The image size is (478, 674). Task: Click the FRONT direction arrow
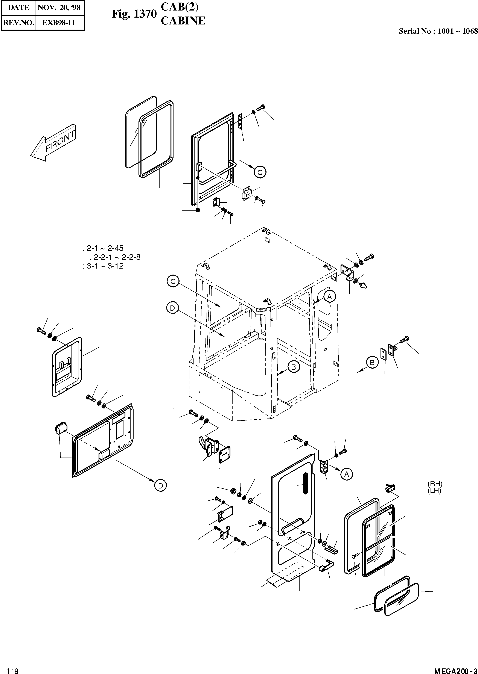[53, 143]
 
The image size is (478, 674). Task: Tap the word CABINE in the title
[183, 21]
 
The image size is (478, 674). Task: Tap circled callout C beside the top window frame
[260, 172]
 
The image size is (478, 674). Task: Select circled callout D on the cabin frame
[172, 308]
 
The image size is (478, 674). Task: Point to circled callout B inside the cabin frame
[294, 366]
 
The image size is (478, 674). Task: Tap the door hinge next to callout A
[324, 467]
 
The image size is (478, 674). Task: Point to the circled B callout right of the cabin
[372, 363]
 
